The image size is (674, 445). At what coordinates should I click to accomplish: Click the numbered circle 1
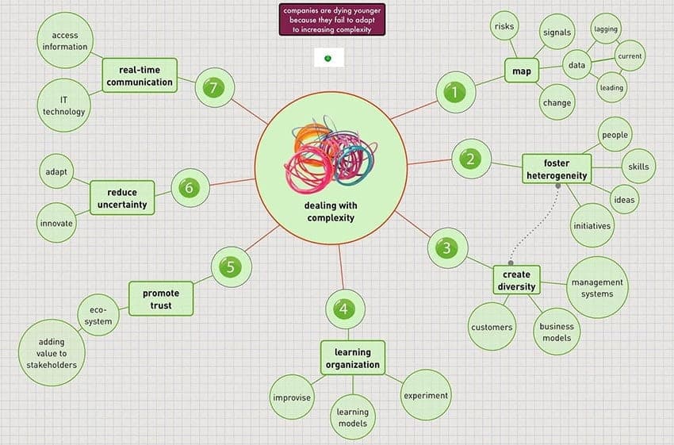(x=456, y=92)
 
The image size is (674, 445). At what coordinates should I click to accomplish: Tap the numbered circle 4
(x=345, y=309)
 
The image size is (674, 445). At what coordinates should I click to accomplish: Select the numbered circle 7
(x=215, y=88)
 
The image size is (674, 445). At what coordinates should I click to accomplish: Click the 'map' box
(x=522, y=71)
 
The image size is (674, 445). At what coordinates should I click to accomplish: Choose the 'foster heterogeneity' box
(x=557, y=169)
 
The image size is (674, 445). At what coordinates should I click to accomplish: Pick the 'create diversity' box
(x=516, y=280)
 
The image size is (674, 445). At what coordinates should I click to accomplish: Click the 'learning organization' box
(x=353, y=358)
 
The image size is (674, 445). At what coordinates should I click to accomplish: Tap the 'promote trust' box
(x=161, y=299)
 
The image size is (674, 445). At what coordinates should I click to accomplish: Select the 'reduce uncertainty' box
(x=122, y=198)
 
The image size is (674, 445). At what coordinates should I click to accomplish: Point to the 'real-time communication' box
(x=140, y=75)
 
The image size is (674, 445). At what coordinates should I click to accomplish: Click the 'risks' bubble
(x=504, y=26)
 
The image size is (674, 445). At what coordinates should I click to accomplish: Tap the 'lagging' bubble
(x=606, y=29)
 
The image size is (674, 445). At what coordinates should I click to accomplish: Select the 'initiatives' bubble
(x=592, y=226)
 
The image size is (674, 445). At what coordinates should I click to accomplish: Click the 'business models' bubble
(x=557, y=332)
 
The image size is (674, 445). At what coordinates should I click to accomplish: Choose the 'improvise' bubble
(x=292, y=397)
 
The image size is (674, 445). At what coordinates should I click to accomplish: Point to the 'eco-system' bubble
(x=98, y=315)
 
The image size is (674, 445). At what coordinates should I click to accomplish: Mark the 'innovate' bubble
(x=56, y=223)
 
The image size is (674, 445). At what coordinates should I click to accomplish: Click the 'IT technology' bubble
(x=63, y=105)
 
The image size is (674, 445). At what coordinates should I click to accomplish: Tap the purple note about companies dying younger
(x=331, y=19)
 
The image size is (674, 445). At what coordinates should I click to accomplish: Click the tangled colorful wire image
(x=330, y=154)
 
